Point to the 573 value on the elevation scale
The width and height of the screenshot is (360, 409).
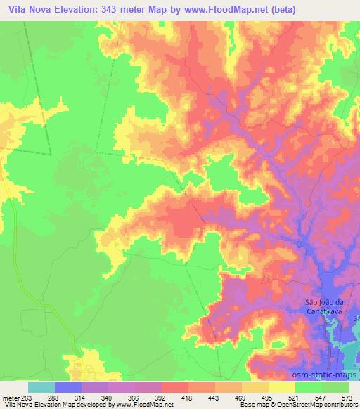pyautogui.click(x=347, y=398)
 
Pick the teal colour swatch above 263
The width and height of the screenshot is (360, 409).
pyautogui.click(x=41, y=387)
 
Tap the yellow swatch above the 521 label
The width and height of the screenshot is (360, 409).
pyautogui.click(x=281, y=387)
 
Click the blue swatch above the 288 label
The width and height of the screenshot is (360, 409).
pyautogui.click(x=67, y=387)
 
